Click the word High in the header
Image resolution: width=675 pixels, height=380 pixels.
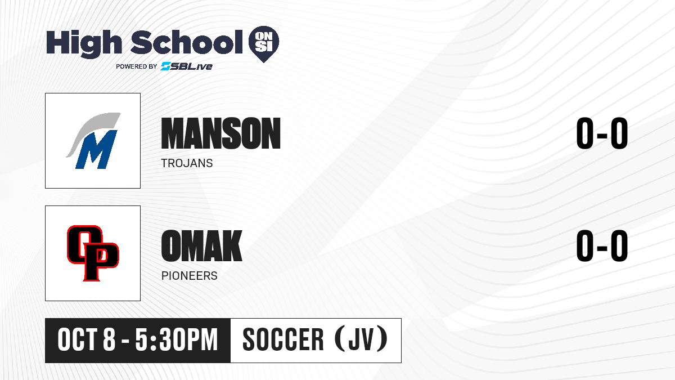(x=84, y=43)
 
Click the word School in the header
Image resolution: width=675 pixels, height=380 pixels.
(x=187, y=42)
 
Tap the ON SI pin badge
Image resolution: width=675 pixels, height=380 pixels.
(x=264, y=44)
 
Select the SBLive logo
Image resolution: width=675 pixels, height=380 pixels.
(x=187, y=66)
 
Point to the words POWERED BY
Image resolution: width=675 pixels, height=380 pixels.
(x=137, y=66)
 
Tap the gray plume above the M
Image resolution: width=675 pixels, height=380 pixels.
(x=93, y=129)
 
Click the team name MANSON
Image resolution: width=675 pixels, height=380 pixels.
(x=221, y=133)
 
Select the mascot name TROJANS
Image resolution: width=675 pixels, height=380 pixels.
(x=187, y=163)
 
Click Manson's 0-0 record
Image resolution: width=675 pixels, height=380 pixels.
(x=602, y=133)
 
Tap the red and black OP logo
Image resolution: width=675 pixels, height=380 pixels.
(x=93, y=253)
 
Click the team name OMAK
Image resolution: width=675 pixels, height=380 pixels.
(x=201, y=245)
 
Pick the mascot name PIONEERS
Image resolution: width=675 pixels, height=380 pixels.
(x=189, y=276)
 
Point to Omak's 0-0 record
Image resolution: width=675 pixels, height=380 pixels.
(x=602, y=245)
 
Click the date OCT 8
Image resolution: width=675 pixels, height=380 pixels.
(x=87, y=339)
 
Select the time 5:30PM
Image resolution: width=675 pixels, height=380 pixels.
(x=176, y=339)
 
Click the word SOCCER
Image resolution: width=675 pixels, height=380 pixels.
(x=283, y=339)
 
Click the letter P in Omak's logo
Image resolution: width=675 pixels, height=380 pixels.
(x=100, y=262)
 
